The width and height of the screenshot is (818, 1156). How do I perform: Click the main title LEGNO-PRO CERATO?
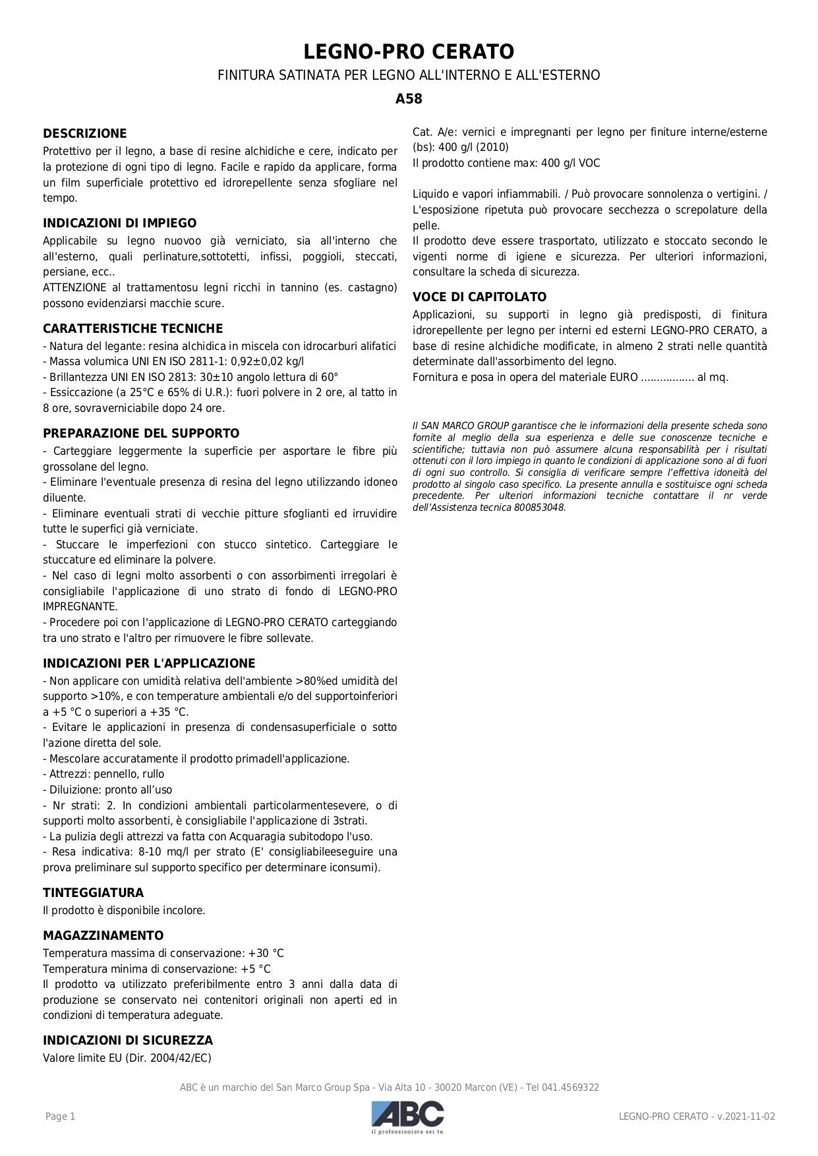coord(409,51)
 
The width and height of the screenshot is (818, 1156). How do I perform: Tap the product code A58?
coord(409,100)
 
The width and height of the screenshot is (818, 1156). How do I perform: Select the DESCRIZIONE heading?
coord(84,134)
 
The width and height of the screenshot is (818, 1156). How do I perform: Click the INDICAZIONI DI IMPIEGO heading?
coord(119,223)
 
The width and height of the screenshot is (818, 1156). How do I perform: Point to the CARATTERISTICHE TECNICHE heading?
coord(132,328)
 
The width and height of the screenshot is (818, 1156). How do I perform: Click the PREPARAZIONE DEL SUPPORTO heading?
coord(141,434)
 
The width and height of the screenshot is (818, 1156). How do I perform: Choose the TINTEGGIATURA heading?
coord(93,893)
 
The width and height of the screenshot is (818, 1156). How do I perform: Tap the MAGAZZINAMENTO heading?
coord(103,936)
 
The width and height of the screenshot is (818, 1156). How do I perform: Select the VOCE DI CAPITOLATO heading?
coord(479,297)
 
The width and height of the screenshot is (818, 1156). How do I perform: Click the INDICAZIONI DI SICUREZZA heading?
coord(128,1041)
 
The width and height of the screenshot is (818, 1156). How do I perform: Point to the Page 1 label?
coord(60,1116)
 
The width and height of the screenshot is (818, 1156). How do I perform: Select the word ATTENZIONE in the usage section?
coord(74,287)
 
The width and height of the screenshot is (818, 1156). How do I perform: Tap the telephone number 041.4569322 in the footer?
coord(571,1087)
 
